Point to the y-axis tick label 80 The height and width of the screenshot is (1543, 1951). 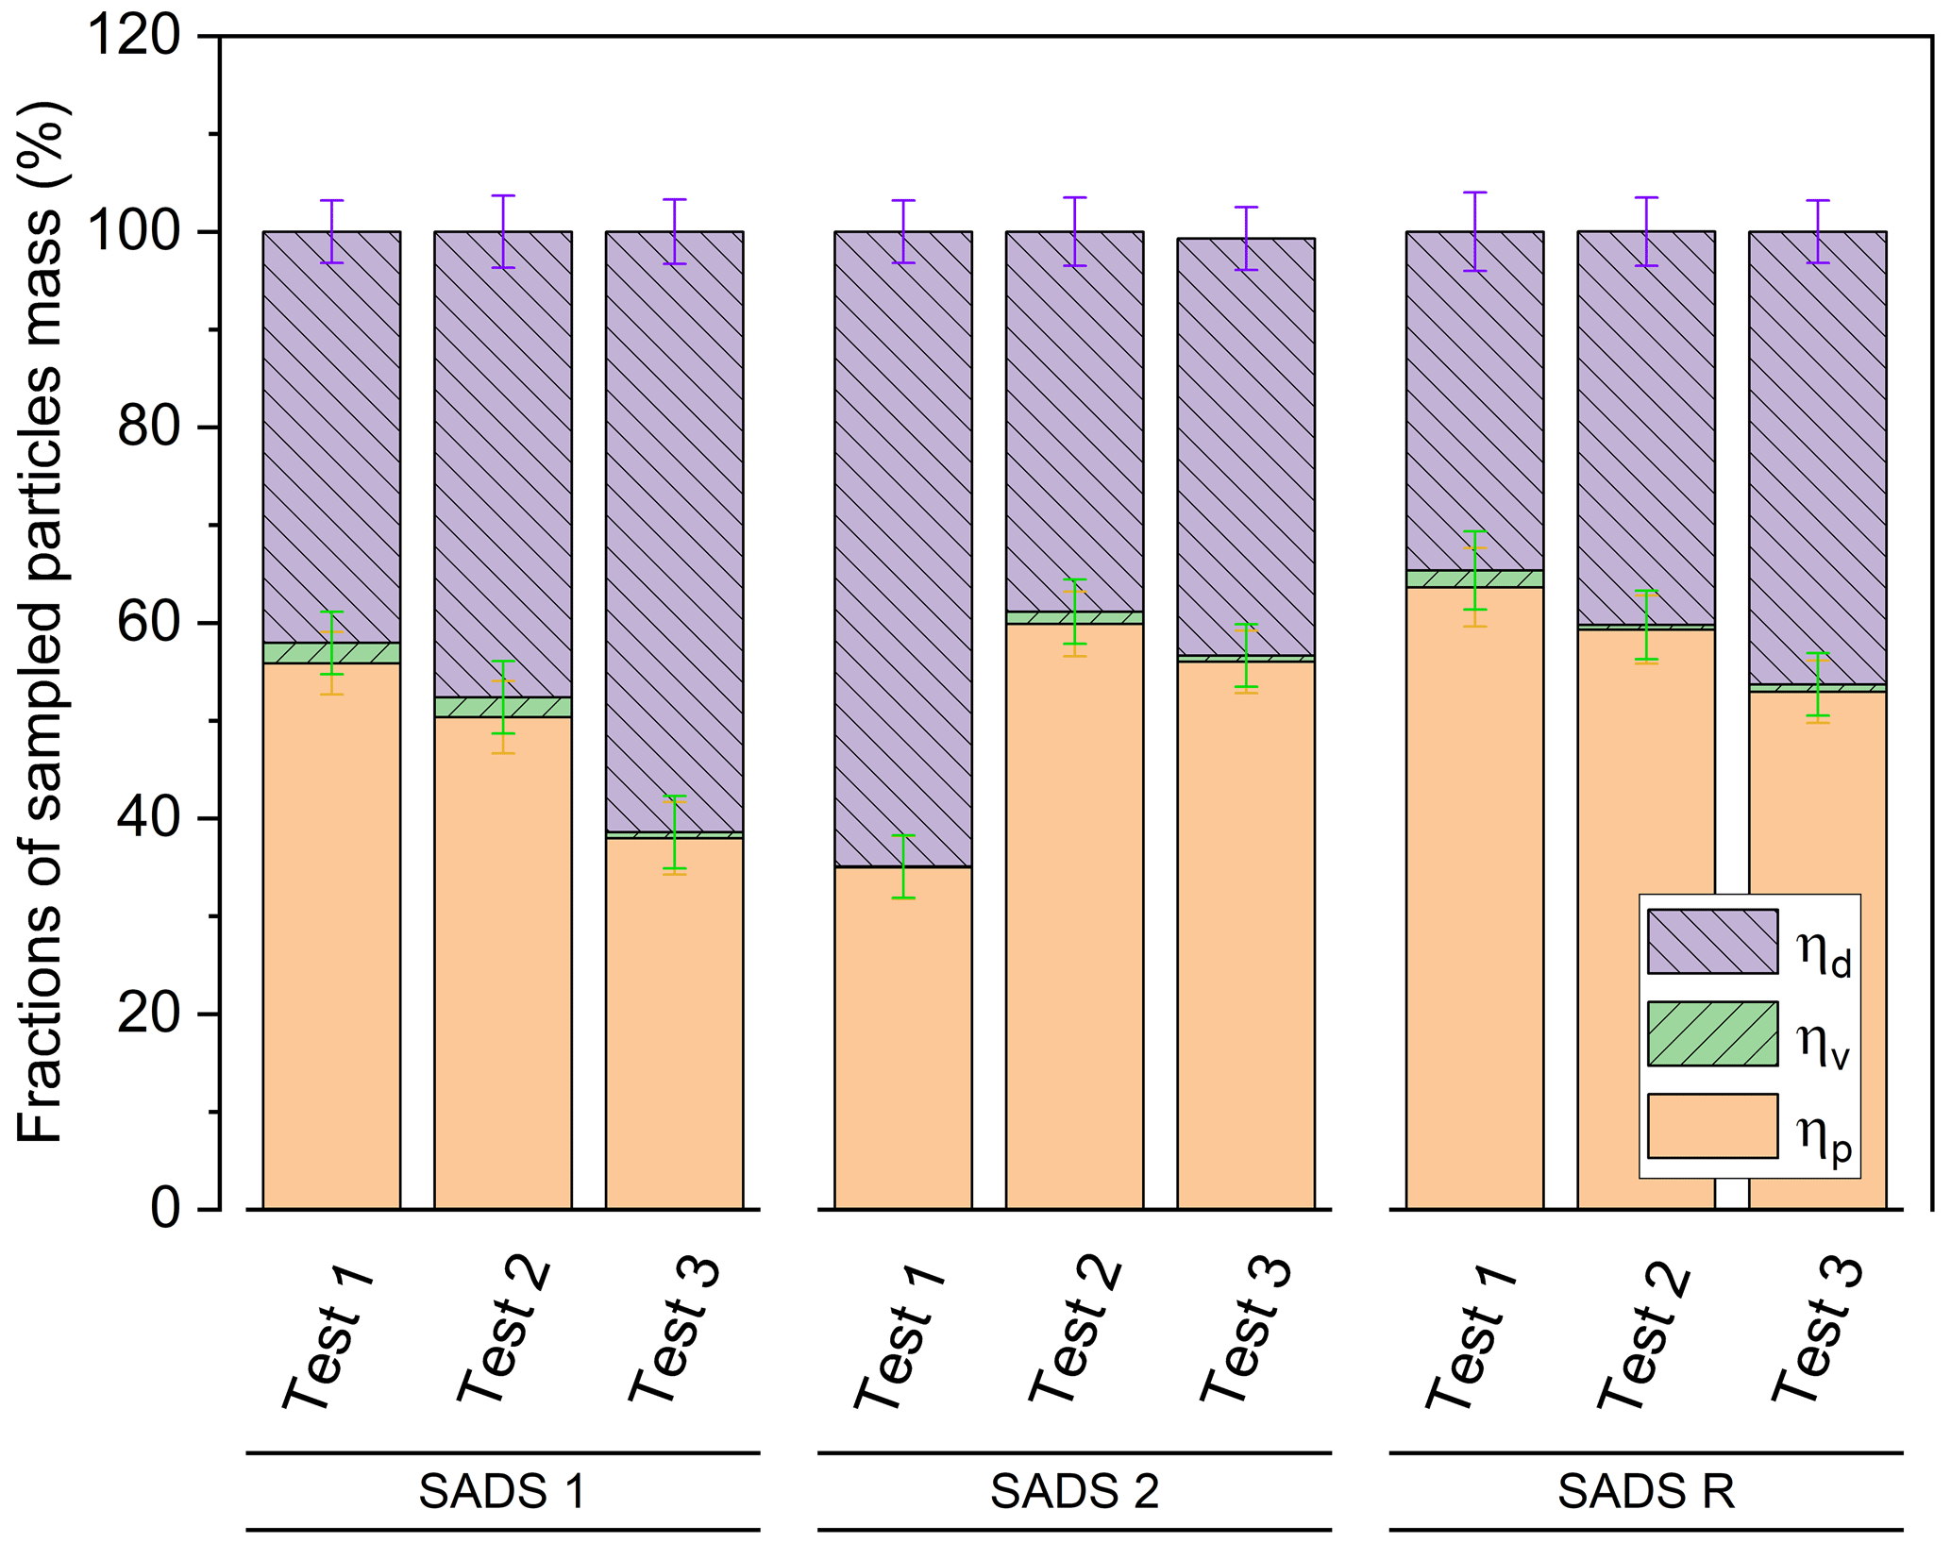click(148, 428)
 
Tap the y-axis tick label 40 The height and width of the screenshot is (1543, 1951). click(148, 819)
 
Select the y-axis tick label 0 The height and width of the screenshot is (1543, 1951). click(165, 1210)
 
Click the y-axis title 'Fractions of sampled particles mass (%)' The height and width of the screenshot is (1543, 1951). click(40, 623)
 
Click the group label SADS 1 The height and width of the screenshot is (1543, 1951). click(502, 1492)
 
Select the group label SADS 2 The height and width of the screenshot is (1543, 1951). click(1074, 1492)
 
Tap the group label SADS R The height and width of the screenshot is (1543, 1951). click(1645, 1492)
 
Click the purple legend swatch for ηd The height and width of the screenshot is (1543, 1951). click(1712, 941)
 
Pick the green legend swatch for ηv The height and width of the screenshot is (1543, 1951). click(1712, 1033)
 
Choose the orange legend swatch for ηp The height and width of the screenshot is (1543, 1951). click(1712, 1126)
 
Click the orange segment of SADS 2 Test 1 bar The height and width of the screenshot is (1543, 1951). click(903, 1038)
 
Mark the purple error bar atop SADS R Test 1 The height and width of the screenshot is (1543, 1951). click(1474, 231)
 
